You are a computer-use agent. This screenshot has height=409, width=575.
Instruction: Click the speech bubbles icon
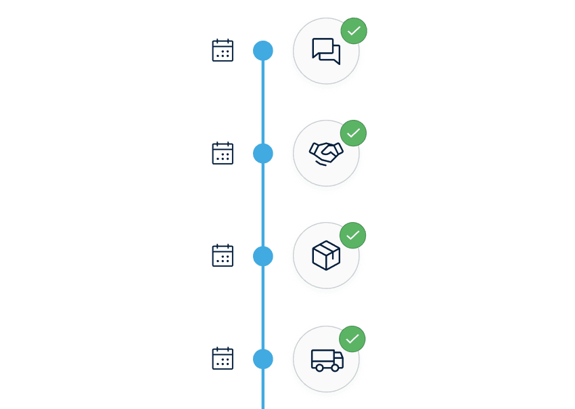tap(326, 51)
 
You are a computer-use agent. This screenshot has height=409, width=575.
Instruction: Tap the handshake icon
tap(326, 154)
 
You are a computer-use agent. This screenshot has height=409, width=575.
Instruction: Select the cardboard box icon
tap(326, 256)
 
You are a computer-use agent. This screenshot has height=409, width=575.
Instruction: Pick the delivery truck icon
tap(327, 360)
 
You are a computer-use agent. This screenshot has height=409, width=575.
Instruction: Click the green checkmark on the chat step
tap(354, 31)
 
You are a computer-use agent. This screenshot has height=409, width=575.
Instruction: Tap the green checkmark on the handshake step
tap(353, 133)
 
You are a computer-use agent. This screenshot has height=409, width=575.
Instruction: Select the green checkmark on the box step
tap(352, 236)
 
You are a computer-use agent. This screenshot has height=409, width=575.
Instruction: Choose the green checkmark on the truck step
tap(352, 339)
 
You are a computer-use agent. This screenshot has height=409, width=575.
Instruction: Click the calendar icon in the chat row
tap(223, 51)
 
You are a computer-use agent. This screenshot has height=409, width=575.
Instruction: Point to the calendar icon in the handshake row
tap(223, 154)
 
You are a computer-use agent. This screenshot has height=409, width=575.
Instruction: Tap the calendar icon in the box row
tap(223, 256)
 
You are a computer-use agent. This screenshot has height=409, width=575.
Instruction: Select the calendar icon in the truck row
tap(223, 359)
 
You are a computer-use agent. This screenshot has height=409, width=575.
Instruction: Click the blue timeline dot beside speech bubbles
tap(263, 51)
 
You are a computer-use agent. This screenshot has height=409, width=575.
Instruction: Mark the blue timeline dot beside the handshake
tap(263, 154)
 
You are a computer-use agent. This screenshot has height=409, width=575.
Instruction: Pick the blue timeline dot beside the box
tap(263, 256)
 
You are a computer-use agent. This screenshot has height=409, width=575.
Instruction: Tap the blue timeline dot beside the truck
tap(263, 359)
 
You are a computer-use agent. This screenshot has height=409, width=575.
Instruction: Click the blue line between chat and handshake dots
tap(263, 102)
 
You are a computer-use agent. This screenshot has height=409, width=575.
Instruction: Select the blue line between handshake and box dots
tap(263, 204)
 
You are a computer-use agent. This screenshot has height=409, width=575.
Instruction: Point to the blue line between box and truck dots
tap(263, 307)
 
